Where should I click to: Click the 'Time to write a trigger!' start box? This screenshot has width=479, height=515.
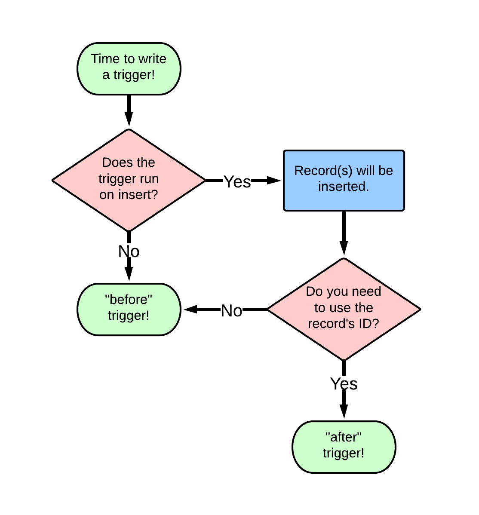coord(129,69)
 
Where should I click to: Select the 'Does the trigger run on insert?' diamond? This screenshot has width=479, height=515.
coord(129,180)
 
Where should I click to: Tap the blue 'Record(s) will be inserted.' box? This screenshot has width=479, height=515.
coord(344,181)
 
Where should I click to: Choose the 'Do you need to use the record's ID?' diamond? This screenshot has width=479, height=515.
coord(344,309)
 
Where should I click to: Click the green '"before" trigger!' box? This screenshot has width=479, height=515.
coord(129,310)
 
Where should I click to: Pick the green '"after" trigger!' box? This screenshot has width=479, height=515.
coord(344,447)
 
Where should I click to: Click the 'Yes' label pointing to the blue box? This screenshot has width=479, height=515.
coord(237,182)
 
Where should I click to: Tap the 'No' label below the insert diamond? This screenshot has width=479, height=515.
coord(129,251)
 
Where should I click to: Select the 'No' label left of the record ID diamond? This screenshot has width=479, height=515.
coord(231,311)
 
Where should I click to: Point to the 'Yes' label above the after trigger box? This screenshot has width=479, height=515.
coord(344,383)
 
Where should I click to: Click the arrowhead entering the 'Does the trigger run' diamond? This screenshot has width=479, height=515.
coord(129,119)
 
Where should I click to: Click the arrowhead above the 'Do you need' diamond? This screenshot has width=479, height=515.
coord(344,248)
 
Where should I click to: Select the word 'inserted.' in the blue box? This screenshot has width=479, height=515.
coord(344,187)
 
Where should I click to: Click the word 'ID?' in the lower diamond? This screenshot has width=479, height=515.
coord(368,324)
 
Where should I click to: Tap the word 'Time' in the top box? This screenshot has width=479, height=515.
coord(101,59)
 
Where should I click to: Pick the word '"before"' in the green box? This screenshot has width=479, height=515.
coord(129,299)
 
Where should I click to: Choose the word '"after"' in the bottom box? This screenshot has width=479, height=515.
coord(344,437)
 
